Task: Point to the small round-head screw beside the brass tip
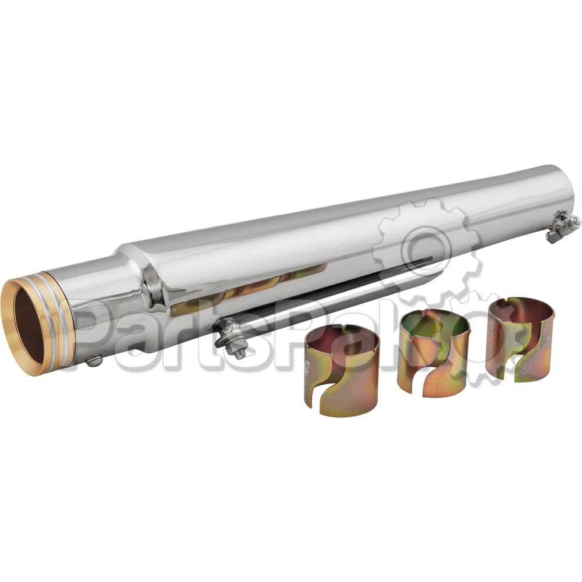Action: (x=94, y=361)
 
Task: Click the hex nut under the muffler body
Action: (x=238, y=352)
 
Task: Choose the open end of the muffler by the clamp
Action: (x=556, y=186)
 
